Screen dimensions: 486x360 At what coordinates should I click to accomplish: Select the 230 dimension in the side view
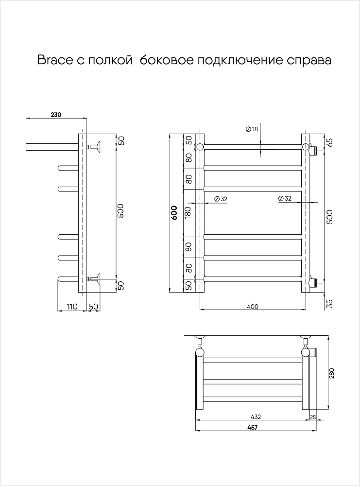55,115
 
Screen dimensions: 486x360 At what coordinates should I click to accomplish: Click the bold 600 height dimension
173,214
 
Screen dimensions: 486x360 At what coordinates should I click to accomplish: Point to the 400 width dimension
253,306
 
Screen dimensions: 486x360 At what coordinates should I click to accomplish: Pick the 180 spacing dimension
189,211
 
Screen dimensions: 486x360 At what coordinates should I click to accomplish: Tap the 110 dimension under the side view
71,306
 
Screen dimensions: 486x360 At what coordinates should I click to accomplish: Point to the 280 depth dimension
332,374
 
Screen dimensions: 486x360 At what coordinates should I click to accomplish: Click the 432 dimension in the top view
256,417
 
